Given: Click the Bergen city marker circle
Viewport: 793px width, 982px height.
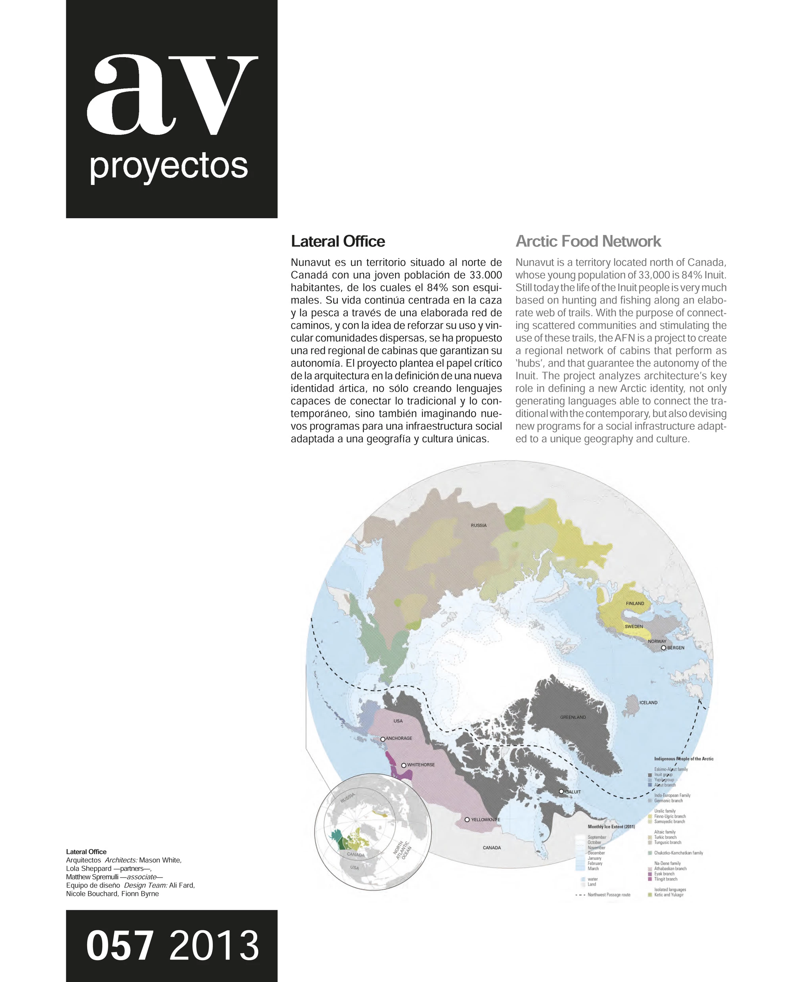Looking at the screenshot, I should pos(663,648).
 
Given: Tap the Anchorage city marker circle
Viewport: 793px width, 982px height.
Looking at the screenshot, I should pos(383,739).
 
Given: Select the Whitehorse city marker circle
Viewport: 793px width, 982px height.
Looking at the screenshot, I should pos(404,765).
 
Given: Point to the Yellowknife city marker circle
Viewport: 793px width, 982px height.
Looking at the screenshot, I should pos(467,820).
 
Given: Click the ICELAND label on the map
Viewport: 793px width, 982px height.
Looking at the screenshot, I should pos(648,703).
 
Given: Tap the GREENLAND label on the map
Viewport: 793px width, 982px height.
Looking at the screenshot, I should pos(573,717).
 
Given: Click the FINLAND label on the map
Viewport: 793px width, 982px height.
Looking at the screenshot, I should pos(635,603).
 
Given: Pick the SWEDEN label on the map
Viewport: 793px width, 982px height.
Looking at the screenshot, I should pos(634,626).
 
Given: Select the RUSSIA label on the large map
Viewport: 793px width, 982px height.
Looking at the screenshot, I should pos(479,525).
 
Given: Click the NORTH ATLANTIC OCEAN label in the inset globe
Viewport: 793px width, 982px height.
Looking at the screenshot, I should pos(402,850).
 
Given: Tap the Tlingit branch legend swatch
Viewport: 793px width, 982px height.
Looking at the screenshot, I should pos(650,879).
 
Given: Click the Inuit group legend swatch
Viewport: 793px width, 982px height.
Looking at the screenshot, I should pos(650,775).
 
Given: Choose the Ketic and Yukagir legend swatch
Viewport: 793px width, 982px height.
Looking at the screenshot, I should pos(650,895).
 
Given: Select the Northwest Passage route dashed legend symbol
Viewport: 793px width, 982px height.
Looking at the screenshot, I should pos(580,895).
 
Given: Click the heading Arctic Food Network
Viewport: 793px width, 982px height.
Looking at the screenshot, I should pos(588,241).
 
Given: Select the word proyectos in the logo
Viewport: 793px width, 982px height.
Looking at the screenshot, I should pos(169,166).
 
